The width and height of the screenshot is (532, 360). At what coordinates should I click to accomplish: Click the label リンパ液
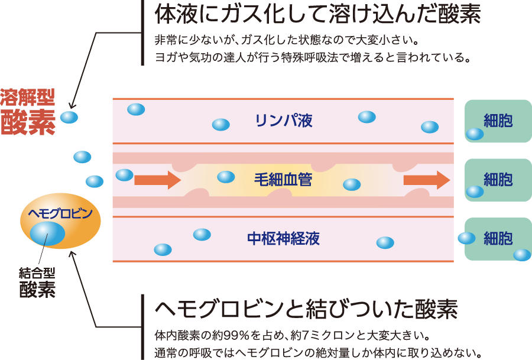tap(283, 121)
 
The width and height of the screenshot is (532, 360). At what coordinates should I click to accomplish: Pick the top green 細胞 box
tap(498, 121)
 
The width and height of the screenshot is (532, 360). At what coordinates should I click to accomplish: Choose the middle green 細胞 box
tap(498, 179)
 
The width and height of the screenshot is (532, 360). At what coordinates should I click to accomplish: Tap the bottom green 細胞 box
tap(498, 238)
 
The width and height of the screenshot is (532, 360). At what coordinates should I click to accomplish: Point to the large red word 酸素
tap(28, 121)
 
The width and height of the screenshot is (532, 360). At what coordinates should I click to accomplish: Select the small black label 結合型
tap(37, 273)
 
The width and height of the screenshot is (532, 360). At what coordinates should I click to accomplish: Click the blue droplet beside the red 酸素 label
tap(69, 117)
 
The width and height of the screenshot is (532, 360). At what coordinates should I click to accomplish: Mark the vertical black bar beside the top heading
tap(142, 33)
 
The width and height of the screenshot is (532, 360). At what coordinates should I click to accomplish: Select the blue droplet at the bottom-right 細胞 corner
tap(522, 255)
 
